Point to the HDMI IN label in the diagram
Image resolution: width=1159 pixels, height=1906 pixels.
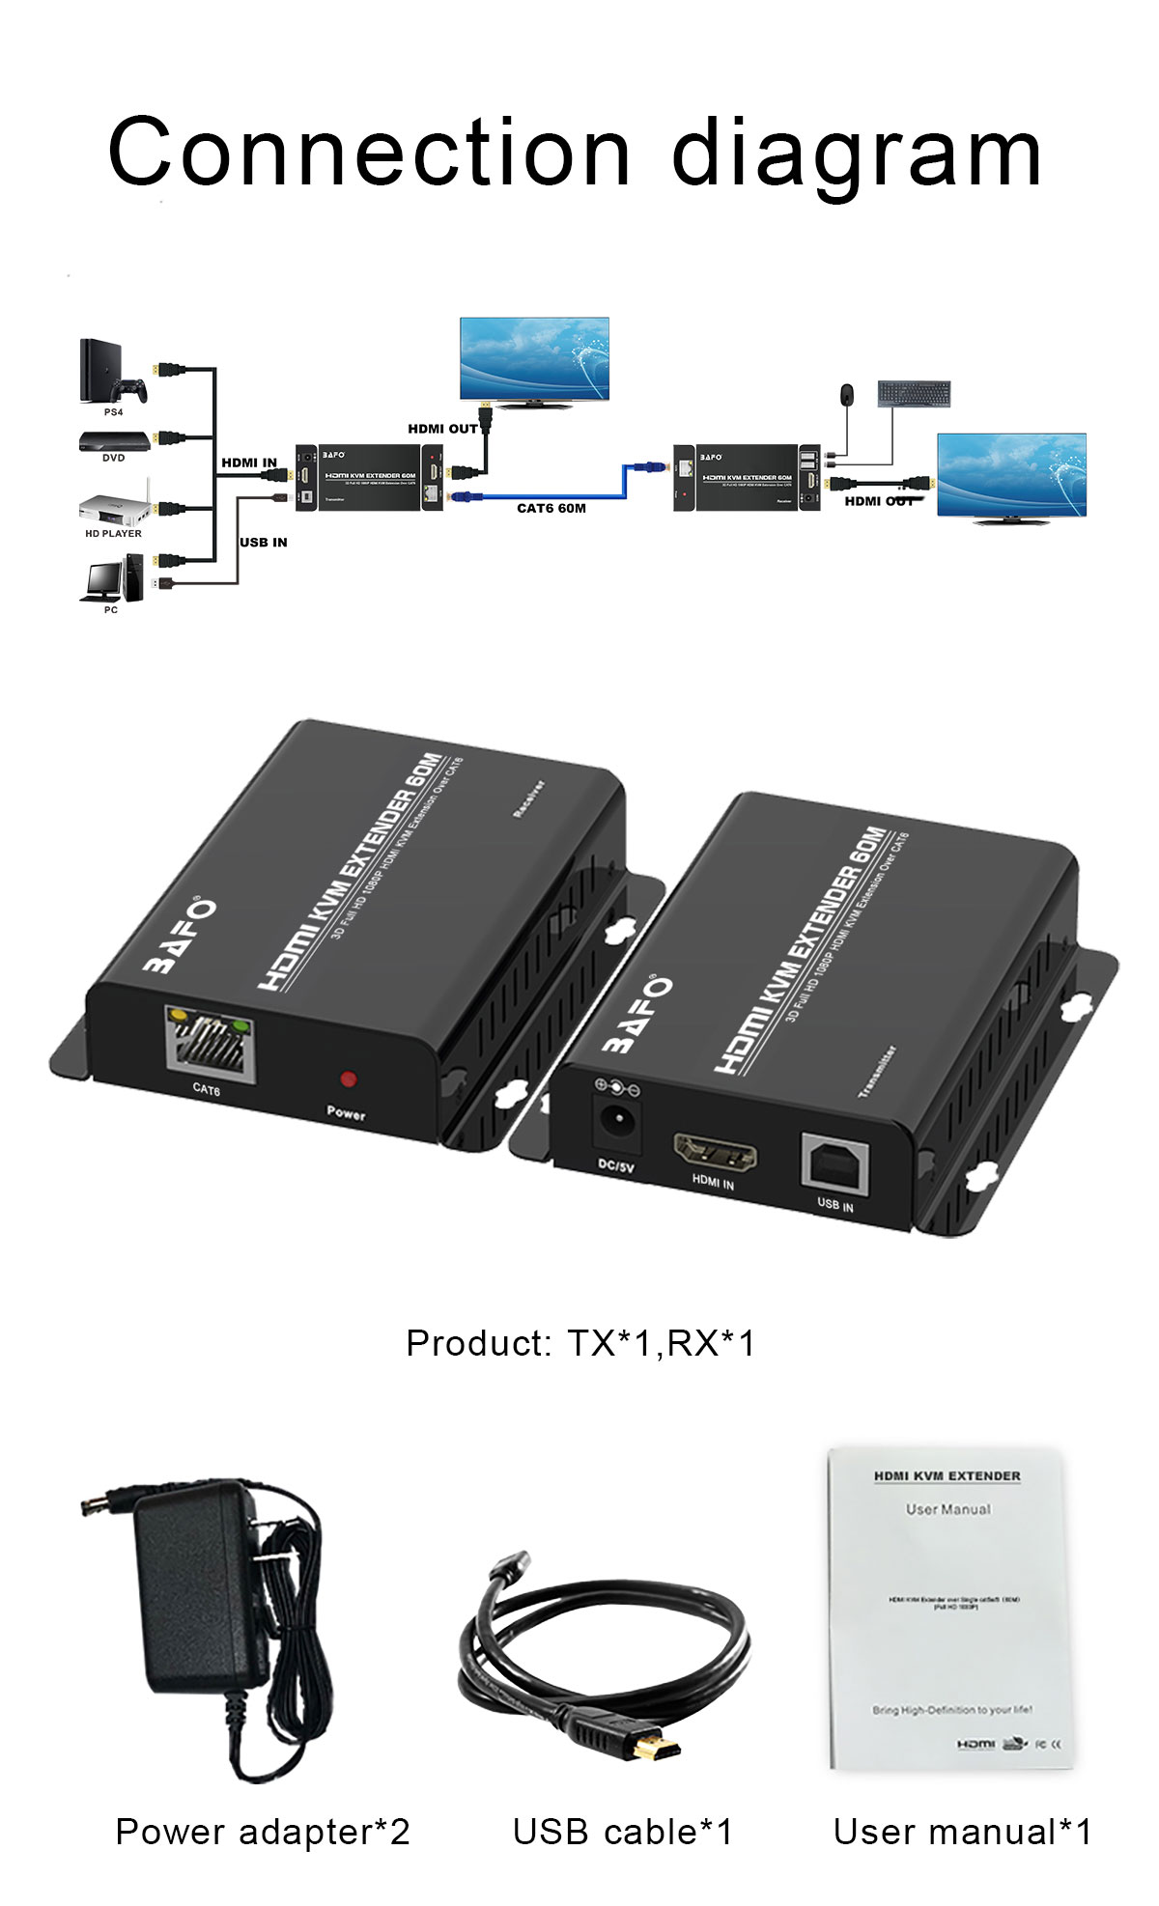tap(248, 462)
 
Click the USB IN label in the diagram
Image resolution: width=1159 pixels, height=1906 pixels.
tap(263, 543)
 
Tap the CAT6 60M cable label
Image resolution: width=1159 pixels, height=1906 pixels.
tap(551, 509)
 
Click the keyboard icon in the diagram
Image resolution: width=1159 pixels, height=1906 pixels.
tap(914, 393)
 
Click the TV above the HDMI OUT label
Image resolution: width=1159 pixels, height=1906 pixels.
tap(534, 359)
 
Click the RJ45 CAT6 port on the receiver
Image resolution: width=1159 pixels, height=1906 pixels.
tap(212, 1045)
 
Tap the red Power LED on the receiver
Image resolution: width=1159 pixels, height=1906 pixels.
tap(348, 1079)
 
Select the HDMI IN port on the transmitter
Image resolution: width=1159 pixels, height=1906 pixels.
tap(715, 1151)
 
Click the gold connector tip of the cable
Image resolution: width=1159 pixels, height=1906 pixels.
tap(659, 1747)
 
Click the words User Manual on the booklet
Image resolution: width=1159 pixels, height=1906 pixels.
tap(947, 1509)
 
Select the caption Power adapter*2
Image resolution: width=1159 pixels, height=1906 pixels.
tap(263, 1832)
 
